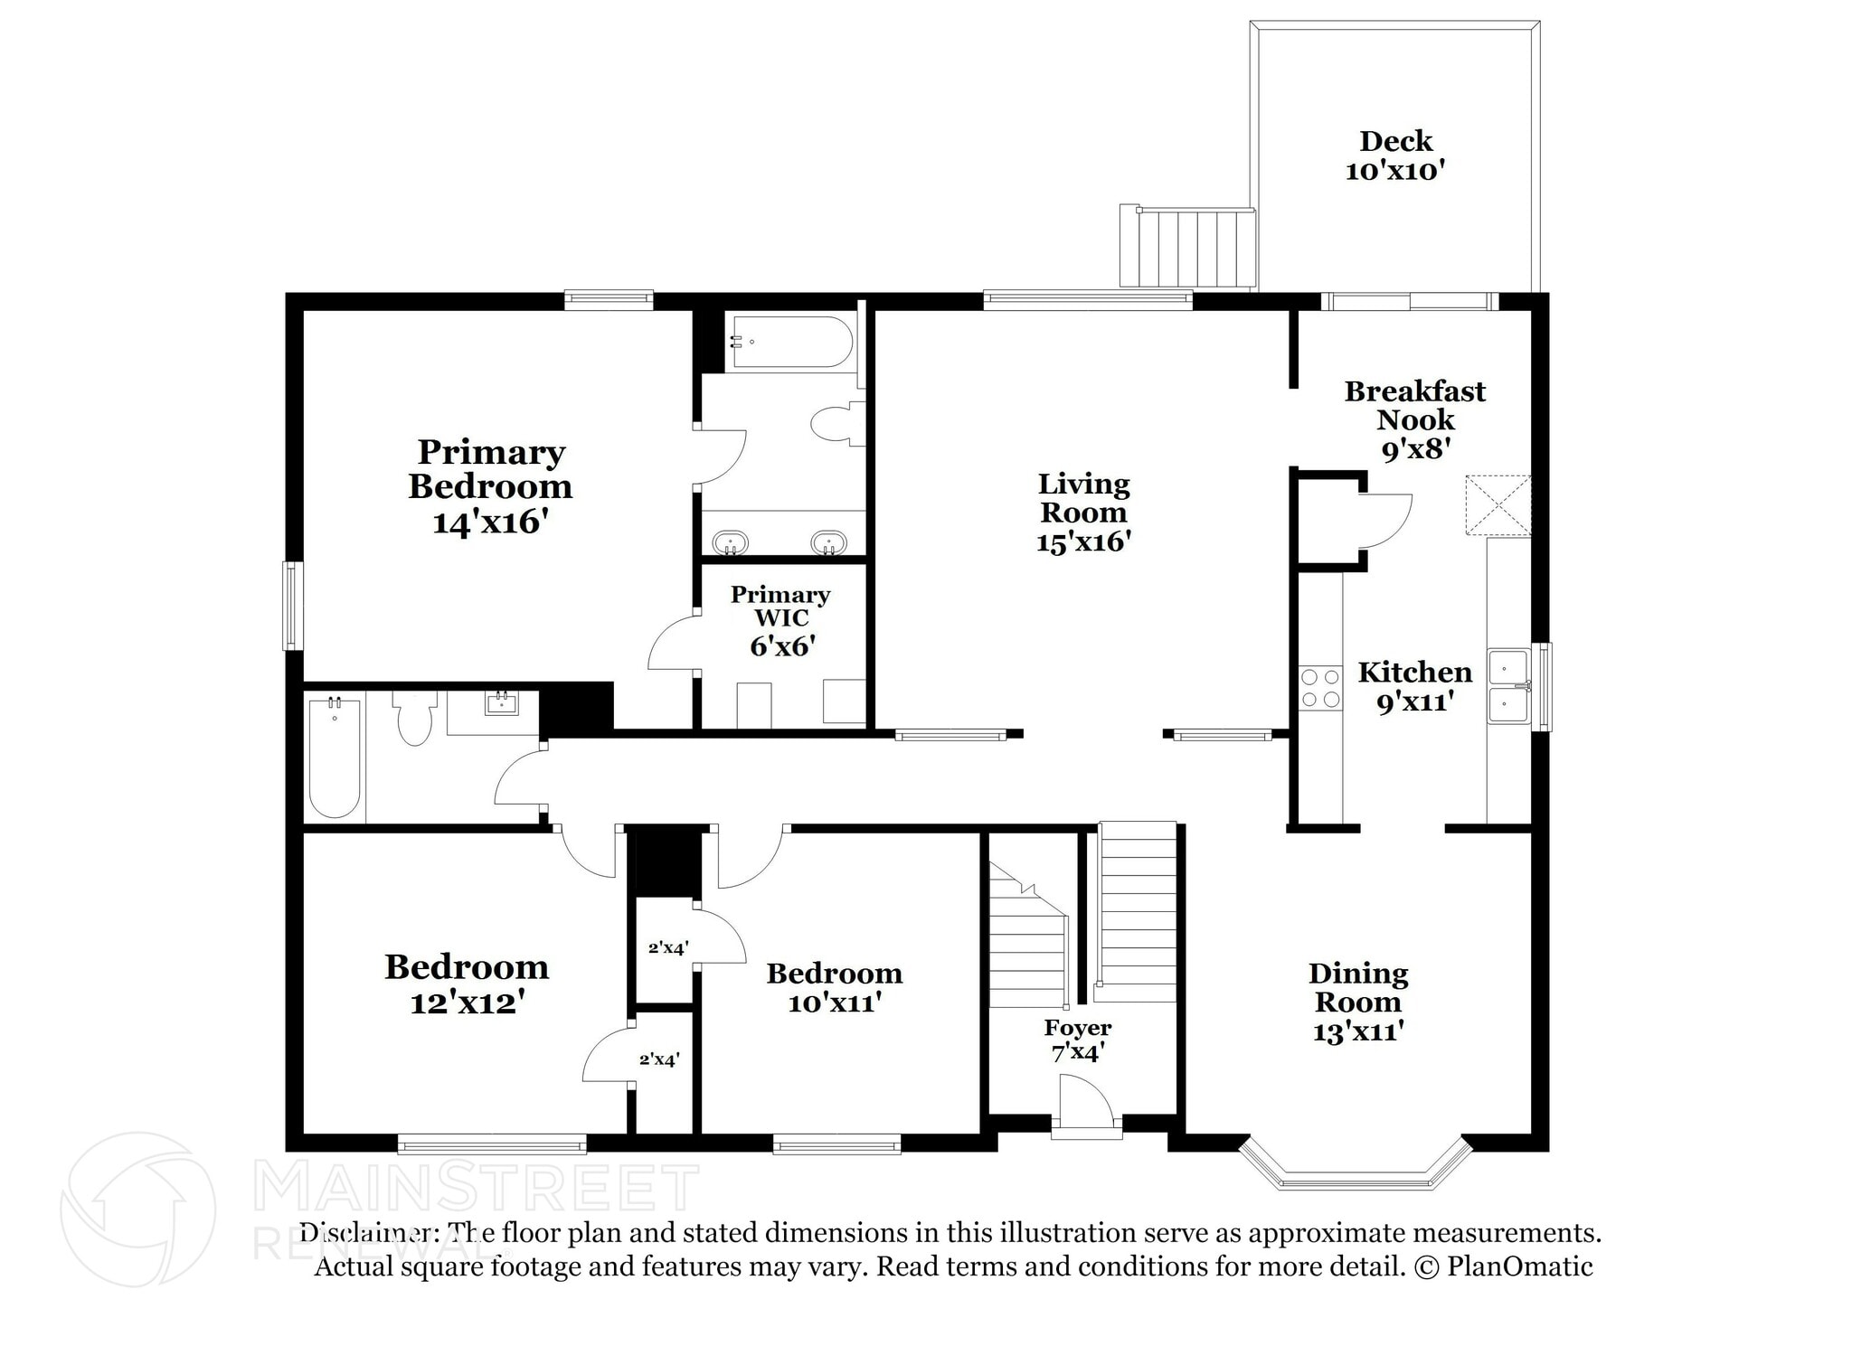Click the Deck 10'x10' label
click(x=1395, y=155)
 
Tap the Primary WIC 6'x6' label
click(x=781, y=620)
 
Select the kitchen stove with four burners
click(x=1319, y=688)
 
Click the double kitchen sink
click(x=1508, y=686)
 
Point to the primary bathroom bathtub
click(x=791, y=342)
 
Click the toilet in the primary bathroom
click(x=835, y=424)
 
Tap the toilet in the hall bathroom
click(x=414, y=719)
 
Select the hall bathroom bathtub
click(x=335, y=757)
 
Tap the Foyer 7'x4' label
click(x=1077, y=1040)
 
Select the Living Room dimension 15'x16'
click(x=1083, y=541)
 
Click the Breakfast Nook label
click(x=1414, y=405)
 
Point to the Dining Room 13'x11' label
click(x=1357, y=1002)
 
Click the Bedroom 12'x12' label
click(x=467, y=984)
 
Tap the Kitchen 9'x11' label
click(x=1414, y=686)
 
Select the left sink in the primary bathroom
click(x=730, y=543)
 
